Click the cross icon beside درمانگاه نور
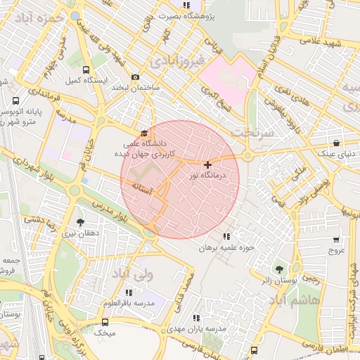tap(207, 165)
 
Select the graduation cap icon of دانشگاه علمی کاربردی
tap(145, 133)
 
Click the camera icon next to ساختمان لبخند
tap(136, 77)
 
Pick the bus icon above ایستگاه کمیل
tap(86, 70)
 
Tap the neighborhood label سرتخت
tap(251, 133)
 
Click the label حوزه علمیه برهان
tap(225, 247)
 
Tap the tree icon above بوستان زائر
tap(280, 269)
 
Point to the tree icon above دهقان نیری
tap(80, 222)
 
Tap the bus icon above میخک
tap(105, 322)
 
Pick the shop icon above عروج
tap(337, 239)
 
